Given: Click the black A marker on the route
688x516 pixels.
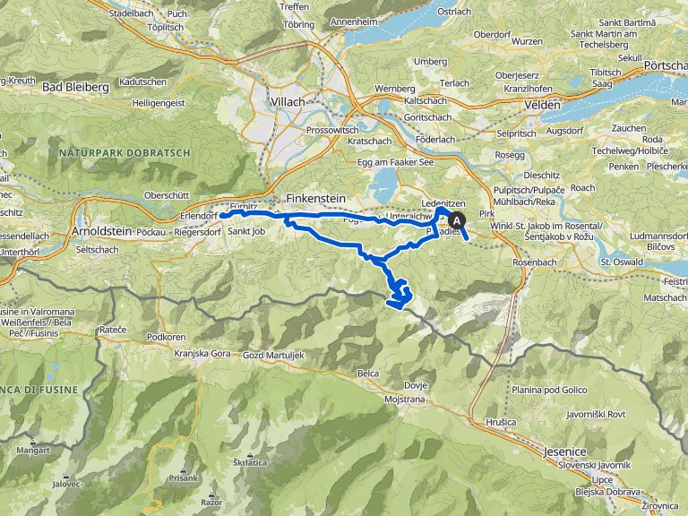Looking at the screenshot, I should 459,220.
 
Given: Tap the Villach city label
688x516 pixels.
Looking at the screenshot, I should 287,102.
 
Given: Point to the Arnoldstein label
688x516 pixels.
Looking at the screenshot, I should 101,230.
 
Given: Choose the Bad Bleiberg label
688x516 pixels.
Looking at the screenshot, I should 75,87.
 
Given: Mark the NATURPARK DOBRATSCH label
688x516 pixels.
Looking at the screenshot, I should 125,153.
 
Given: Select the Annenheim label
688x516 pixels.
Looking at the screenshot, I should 353,21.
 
